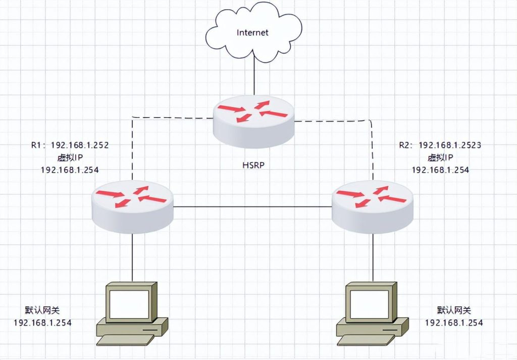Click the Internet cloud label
click(x=253, y=33)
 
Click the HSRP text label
click(x=253, y=165)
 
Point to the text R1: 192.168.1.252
click(x=70, y=145)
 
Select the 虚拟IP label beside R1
click(x=70, y=158)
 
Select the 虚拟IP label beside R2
click(x=440, y=158)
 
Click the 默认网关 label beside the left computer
click(x=42, y=310)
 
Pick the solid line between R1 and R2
click(x=252, y=206)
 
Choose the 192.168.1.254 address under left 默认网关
click(x=42, y=322)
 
